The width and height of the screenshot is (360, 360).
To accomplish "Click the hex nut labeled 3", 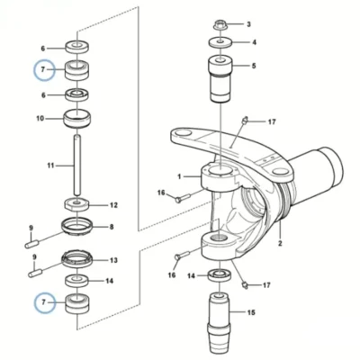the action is click(220, 25).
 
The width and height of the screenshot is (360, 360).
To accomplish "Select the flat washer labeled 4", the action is click(220, 42).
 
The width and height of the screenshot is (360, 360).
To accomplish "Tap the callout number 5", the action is click(254, 66).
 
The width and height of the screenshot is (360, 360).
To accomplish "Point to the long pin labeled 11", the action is click(77, 166).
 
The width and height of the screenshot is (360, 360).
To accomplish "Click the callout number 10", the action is click(40, 119).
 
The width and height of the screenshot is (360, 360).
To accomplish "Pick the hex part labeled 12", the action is click(77, 205).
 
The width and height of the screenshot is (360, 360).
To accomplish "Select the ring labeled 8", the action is click(77, 227).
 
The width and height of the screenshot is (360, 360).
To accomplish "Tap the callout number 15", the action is click(251, 312).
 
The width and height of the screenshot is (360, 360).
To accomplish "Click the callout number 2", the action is click(280, 243).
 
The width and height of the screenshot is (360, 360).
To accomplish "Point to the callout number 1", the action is click(179, 176).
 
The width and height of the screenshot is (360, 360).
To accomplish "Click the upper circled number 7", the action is click(43, 70).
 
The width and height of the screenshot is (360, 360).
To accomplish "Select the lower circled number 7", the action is click(43, 302).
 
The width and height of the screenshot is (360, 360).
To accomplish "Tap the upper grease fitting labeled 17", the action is click(245, 120).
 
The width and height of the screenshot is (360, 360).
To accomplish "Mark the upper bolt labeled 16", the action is click(183, 198).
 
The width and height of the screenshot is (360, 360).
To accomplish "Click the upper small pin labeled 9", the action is click(31, 245).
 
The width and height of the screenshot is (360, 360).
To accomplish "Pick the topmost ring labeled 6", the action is click(77, 46).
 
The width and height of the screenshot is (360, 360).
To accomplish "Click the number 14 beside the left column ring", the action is click(109, 281).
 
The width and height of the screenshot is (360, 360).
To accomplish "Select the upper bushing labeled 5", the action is click(220, 78).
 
